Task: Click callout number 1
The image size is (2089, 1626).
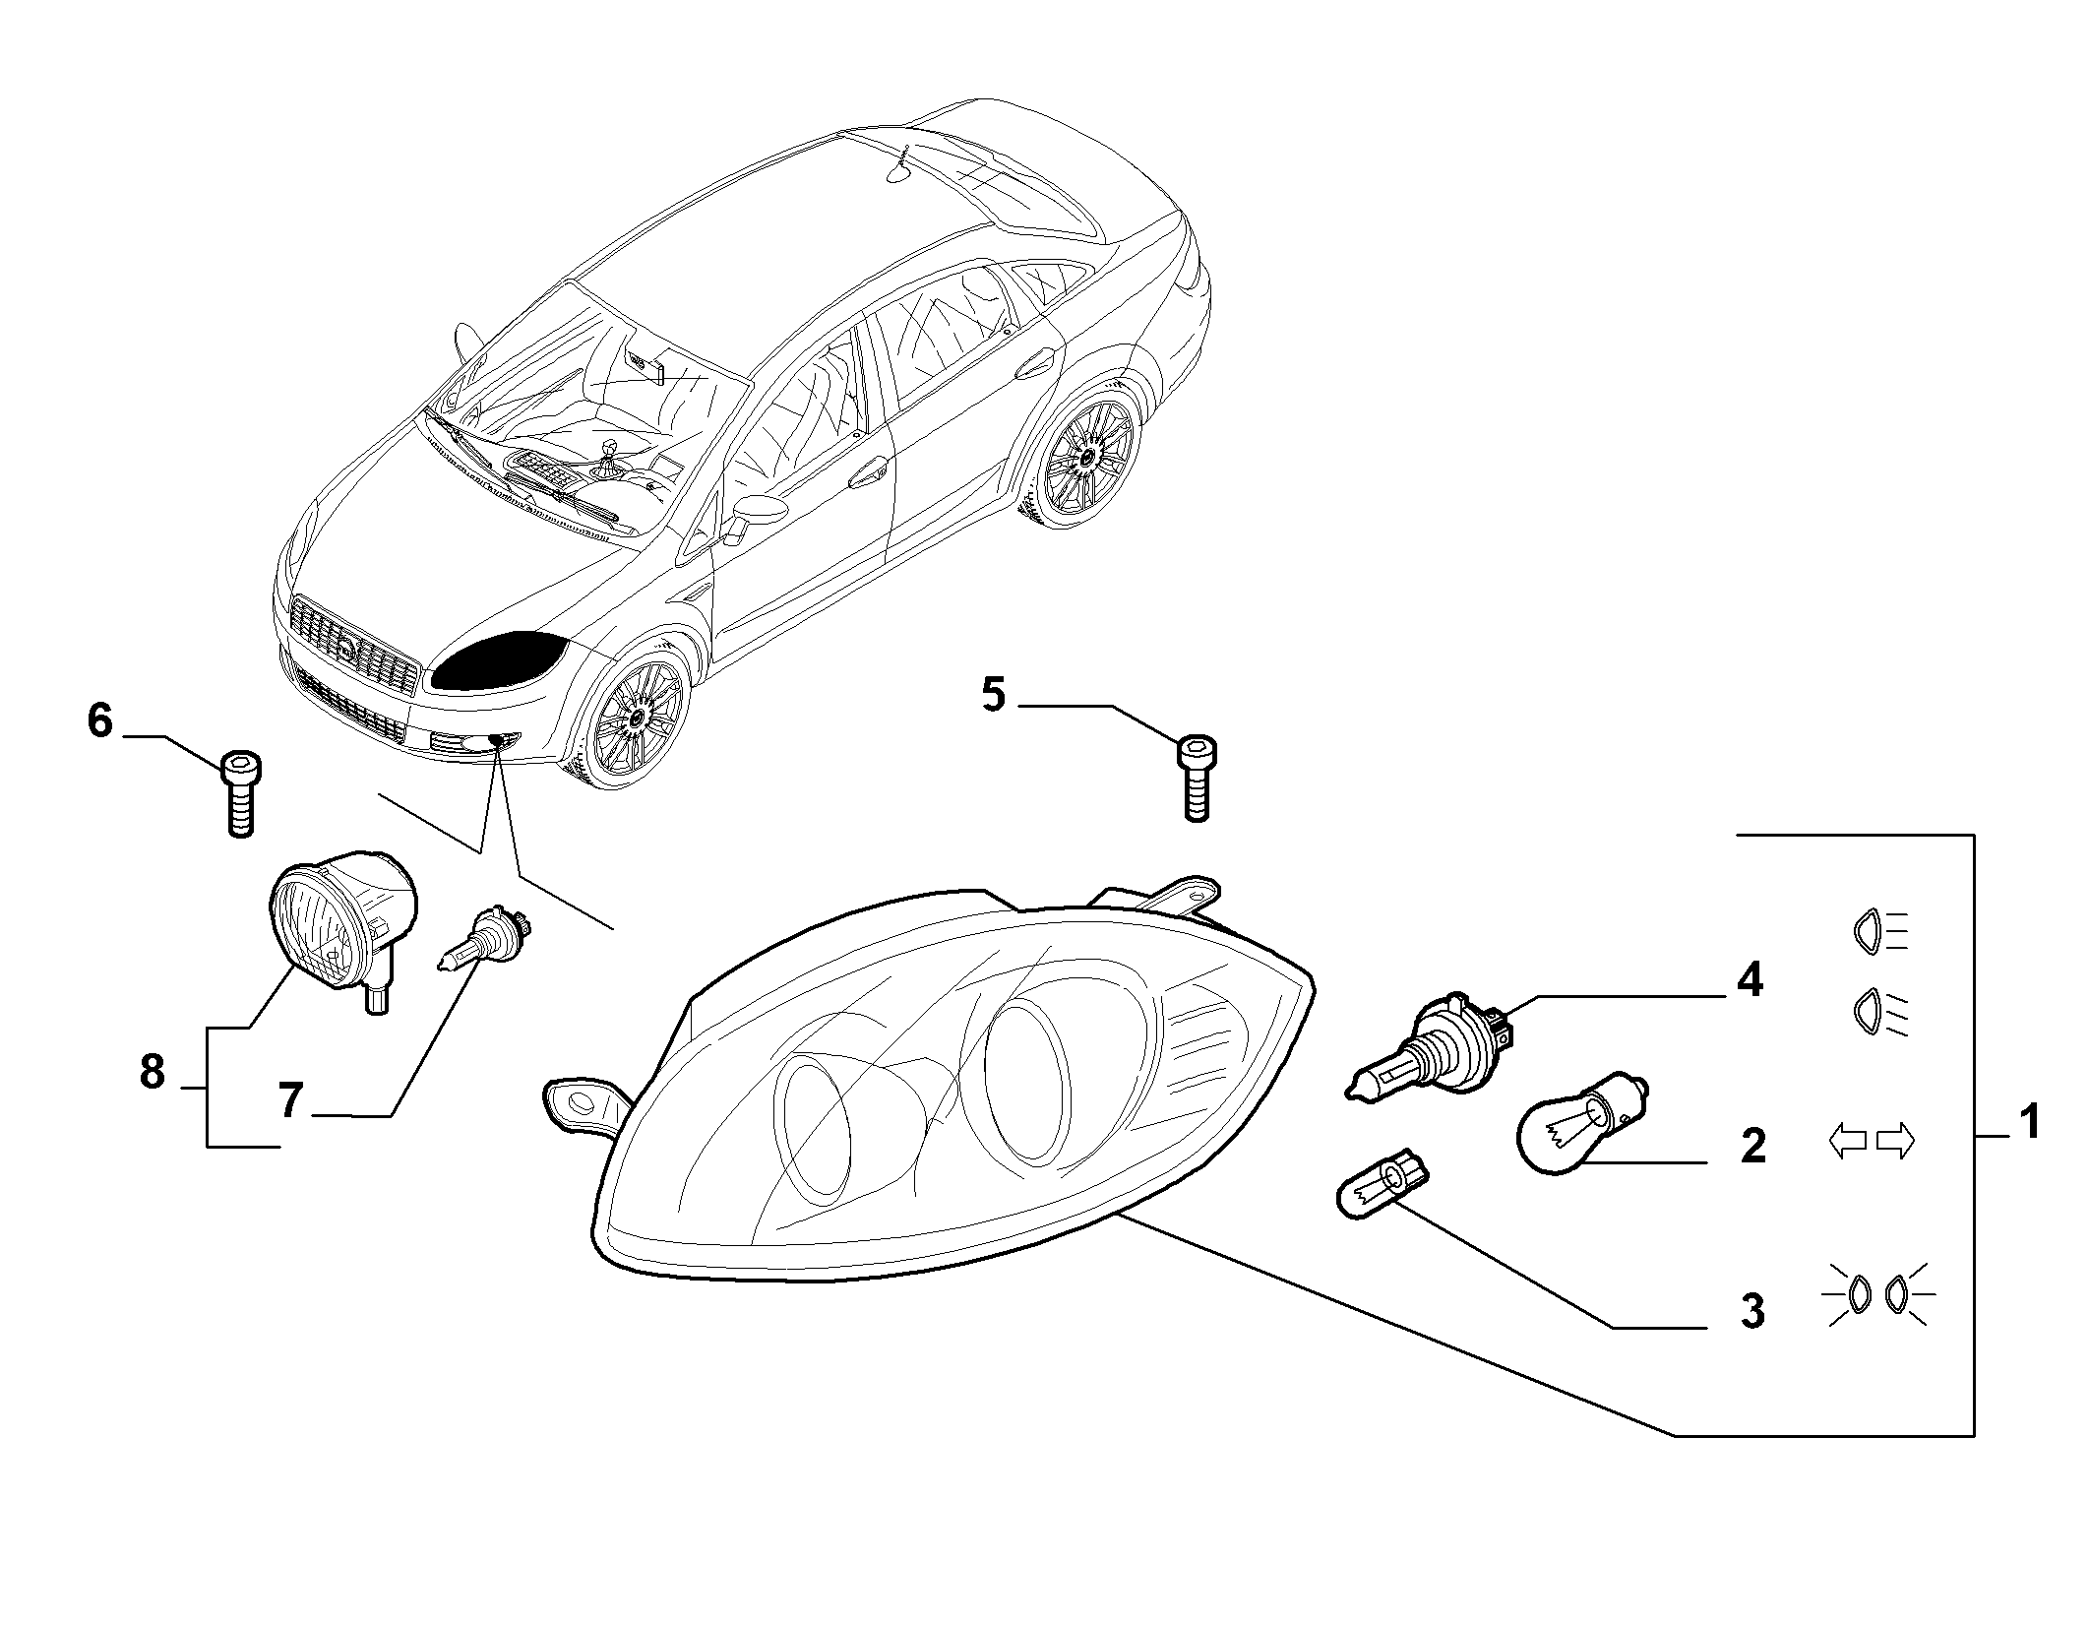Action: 2029,1123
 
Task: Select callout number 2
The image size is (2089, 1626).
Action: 1752,1146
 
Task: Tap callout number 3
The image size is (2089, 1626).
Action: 1752,1311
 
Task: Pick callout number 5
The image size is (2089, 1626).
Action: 994,696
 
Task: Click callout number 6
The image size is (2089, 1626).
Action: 100,721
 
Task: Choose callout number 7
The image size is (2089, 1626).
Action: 288,1100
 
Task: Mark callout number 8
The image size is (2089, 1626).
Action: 153,1072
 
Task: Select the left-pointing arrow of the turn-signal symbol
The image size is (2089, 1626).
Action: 1847,1142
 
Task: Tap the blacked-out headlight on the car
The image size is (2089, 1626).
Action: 498,659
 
